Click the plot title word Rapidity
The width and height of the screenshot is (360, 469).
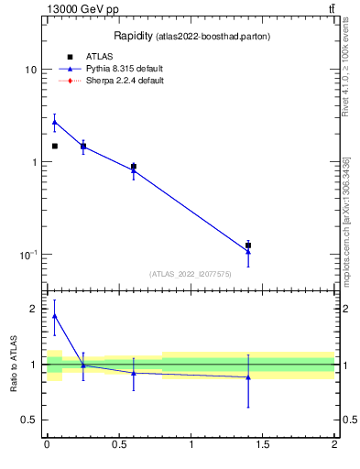point(133,36)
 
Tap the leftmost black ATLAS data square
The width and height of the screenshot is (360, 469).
point(55,146)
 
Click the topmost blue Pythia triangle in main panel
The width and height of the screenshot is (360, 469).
point(55,122)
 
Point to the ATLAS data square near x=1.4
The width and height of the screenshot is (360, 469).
point(248,245)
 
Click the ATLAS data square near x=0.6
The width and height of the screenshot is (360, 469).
point(134,167)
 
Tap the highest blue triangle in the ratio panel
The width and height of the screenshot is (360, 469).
point(55,316)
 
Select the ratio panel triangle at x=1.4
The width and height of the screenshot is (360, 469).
point(248,377)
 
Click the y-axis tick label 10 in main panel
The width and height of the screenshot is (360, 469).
point(30,70)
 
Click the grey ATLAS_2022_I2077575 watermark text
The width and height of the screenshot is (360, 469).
point(191,273)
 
